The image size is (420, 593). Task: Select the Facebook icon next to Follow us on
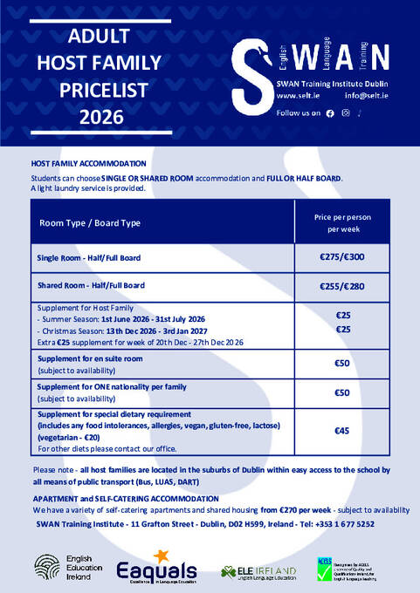click(329, 113)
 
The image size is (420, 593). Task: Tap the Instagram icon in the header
click(347, 113)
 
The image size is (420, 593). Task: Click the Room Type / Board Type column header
click(89, 222)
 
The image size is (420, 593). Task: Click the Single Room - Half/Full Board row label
click(88, 258)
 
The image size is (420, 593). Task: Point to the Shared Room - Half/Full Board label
click(91, 285)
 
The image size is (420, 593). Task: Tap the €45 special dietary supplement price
click(342, 431)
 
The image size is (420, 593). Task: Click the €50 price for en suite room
click(342, 364)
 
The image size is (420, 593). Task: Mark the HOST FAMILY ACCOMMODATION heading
click(88, 163)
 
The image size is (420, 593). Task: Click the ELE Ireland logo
click(258, 571)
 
